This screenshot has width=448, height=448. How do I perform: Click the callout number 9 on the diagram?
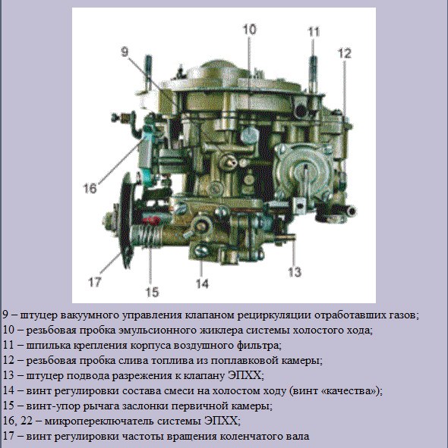point(125,52)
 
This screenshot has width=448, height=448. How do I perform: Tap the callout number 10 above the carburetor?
point(250,30)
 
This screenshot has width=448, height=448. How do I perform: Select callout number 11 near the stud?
point(314,32)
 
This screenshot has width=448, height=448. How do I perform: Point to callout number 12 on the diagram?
point(345,53)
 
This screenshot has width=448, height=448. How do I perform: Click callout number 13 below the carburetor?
point(295,272)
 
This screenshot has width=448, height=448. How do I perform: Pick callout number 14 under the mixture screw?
point(203,284)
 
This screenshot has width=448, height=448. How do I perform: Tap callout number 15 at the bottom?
point(152,292)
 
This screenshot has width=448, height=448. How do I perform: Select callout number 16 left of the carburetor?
point(90,188)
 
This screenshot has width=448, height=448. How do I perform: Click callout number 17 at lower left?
point(95,282)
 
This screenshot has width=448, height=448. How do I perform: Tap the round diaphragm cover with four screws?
point(304,171)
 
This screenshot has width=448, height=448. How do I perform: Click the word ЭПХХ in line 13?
point(245,375)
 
